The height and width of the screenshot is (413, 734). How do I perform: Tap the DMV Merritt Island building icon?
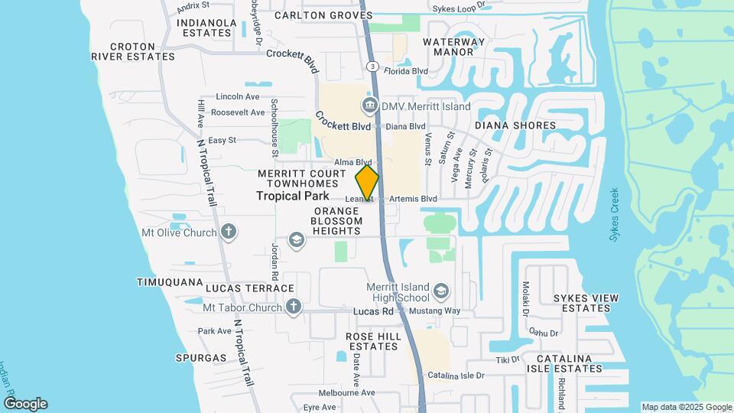369,106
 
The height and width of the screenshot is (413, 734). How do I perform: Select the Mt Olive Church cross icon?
228,232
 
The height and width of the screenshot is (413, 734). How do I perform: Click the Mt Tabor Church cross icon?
293,307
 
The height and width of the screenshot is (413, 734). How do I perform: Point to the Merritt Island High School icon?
441,291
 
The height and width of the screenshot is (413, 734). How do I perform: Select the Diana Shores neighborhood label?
515,125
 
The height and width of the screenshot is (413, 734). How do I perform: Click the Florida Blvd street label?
405,71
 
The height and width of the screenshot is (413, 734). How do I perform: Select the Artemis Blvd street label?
413,199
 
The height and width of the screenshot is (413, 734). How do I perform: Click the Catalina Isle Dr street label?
456,376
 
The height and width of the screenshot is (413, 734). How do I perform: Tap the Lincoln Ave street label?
238,96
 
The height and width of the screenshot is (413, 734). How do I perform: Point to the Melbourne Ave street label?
348,392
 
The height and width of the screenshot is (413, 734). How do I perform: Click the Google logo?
25,403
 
